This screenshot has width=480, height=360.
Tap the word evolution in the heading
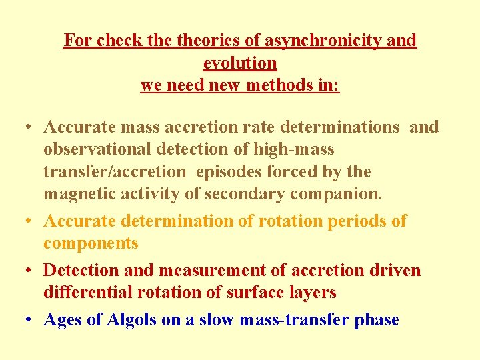[x=240, y=63]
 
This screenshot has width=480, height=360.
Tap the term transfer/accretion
[x=115, y=171]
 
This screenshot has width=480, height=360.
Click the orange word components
[x=91, y=243]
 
